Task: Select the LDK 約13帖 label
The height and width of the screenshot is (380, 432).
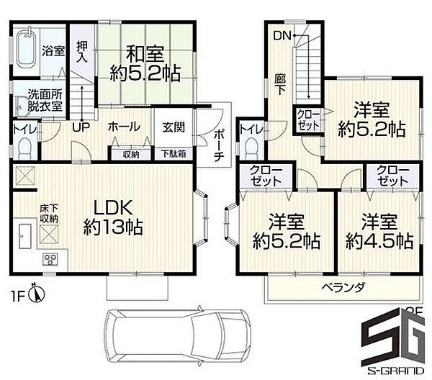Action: pos(112,216)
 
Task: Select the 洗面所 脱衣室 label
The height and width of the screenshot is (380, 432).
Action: pos(45,99)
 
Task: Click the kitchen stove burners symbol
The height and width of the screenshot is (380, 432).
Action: pos(51,258)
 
